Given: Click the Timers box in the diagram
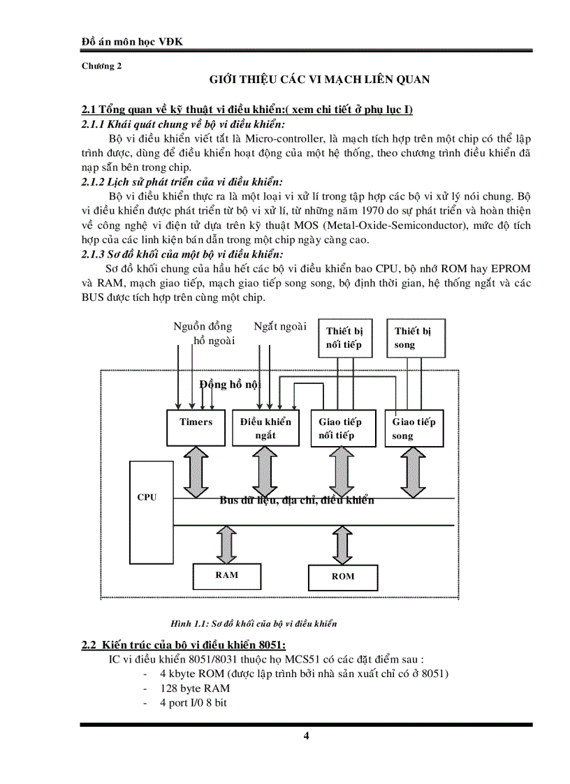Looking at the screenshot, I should pyautogui.click(x=196, y=428).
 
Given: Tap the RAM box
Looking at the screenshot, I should pyautogui.click(x=226, y=575).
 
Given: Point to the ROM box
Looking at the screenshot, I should pyautogui.click(x=342, y=577).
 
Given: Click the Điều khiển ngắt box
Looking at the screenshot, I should pyautogui.click(x=265, y=428).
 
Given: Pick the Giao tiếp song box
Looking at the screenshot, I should pyautogui.click(x=414, y=428).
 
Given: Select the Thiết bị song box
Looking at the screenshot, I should pyautogui.click(x=416, y=338).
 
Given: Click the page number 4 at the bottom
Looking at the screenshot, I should pyautogui.click(x=306, y=736).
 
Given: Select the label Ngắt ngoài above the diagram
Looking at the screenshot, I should pyautogui.click(x=280, y=326).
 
